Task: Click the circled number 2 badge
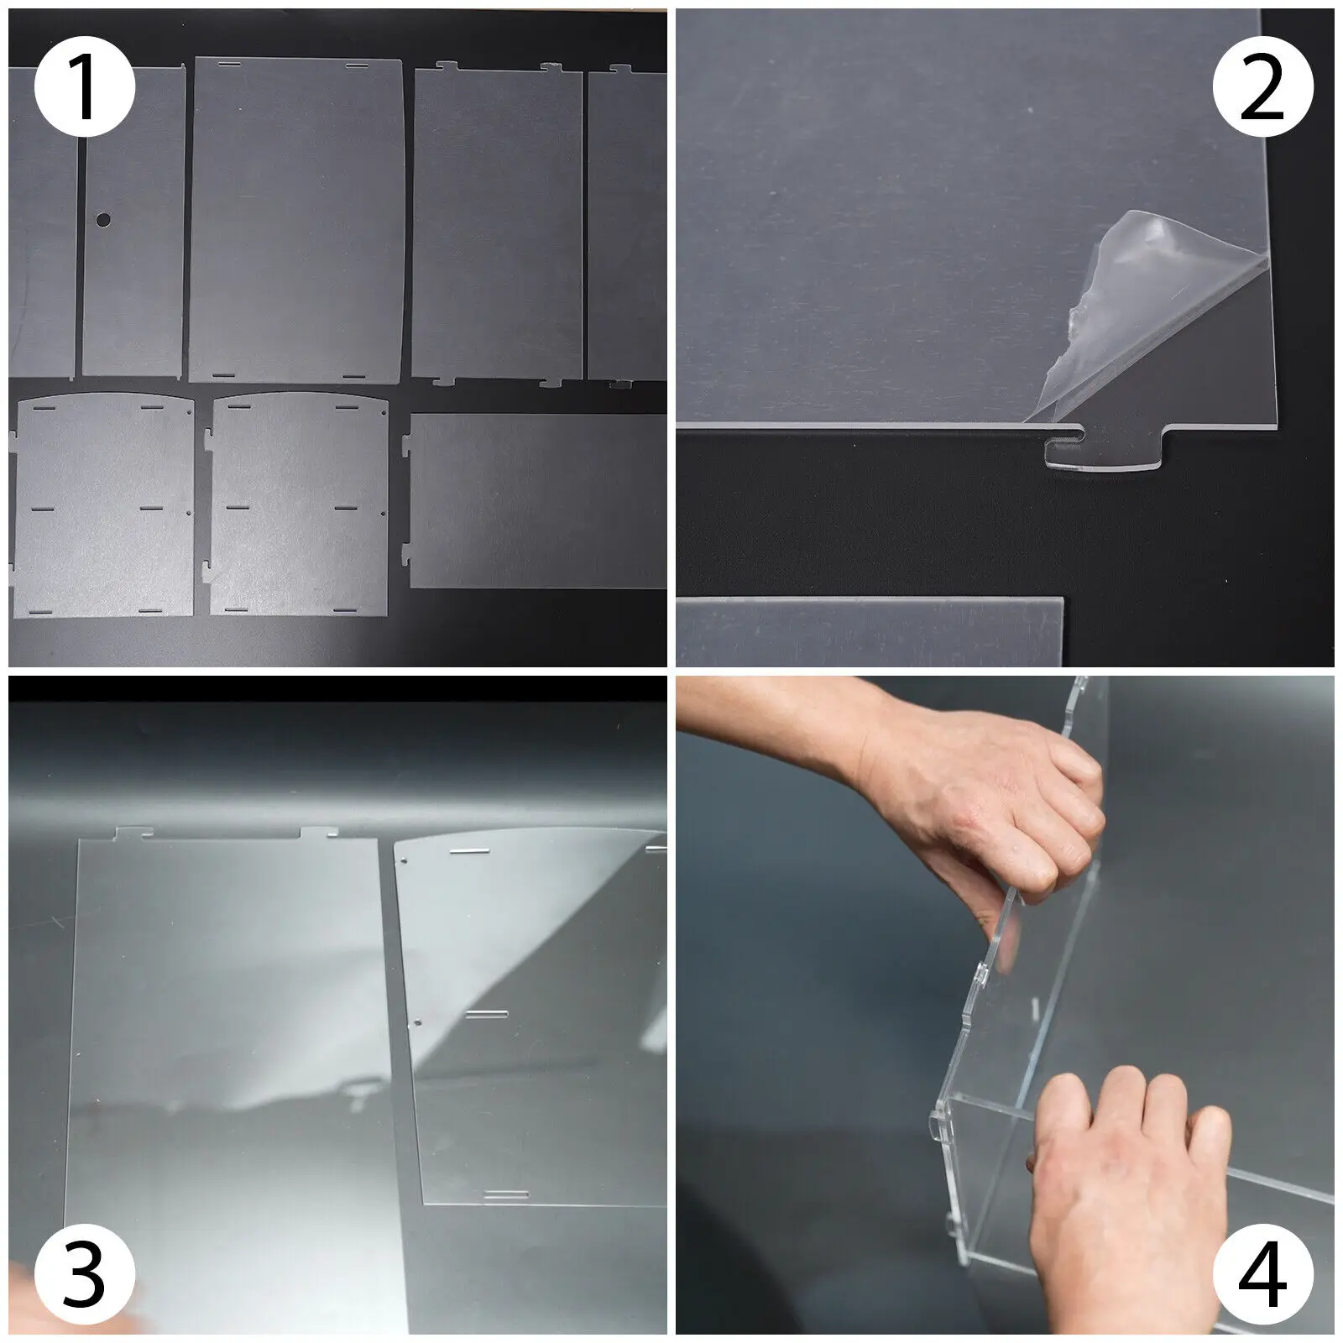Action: pyautogui.click(x=1262, y=86)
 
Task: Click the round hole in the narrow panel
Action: pyautogui.click(x=102, y=220)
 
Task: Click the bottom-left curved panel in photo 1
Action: pyautogui.click(x=101, y=504)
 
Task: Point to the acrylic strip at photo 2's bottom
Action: pyautogui.click(x=870, y=631)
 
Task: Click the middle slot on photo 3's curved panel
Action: pyautogui.click(x=488, y=1014)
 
